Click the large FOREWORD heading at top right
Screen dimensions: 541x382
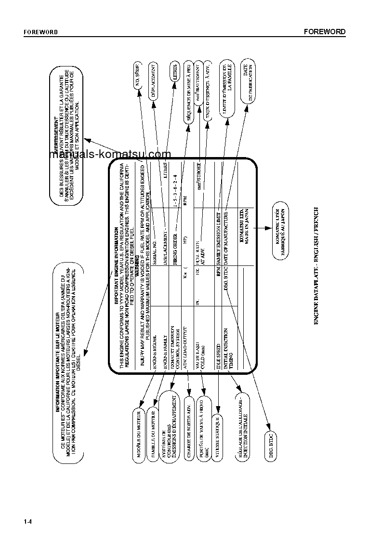coord(325,32)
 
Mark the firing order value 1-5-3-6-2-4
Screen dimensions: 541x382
coord(175,190)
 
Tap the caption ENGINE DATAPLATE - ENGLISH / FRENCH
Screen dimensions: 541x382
coord(316,265)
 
